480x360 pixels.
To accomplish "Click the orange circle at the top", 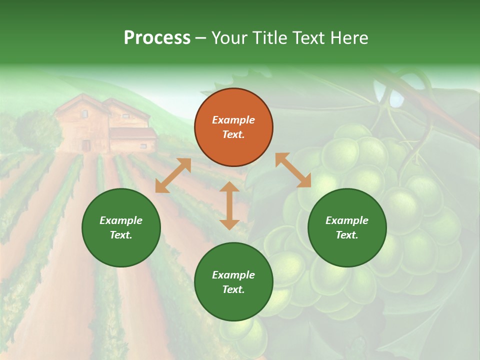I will tap(233, 127).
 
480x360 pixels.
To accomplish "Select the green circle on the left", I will tap(121, 227).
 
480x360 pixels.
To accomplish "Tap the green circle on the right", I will tap(347, 227).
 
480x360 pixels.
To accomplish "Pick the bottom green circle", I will tap(233, 282).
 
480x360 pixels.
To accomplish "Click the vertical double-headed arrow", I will tap(229, 205).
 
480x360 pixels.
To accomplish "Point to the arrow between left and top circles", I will tap(173, 175).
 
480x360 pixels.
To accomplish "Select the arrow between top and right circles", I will tap(293, 170).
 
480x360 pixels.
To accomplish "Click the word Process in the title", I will tap(157, 38).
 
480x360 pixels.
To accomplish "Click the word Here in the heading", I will tap(349, 38).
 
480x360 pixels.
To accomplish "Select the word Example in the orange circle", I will tap(233, 120).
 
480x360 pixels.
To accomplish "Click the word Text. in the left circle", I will tap(121, 235).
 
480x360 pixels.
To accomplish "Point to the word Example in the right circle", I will tap(347, 220).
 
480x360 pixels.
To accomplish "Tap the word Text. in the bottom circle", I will tap(233, 289).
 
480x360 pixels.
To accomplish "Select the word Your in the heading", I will tap(229, 38).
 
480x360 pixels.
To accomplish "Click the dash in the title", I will tap(200, 38).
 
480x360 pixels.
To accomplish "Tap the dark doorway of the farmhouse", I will tap(86, 145).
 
